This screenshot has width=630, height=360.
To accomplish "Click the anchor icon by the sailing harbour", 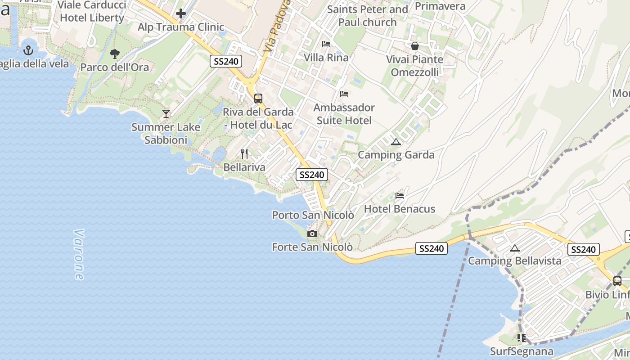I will click(29, 50).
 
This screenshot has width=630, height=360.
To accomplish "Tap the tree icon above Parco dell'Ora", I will click(114, 54).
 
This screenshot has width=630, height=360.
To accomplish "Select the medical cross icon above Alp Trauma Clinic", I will click(181, 13).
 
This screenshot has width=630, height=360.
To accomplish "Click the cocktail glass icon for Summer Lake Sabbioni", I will click(166, 113).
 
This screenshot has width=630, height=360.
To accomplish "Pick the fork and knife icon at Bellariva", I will click(244, 154).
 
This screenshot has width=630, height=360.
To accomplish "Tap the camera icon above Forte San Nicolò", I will click(312, 234).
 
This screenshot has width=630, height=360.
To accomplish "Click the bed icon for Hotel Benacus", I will click(399, 196).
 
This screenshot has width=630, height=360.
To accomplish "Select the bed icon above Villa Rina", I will click(326, 44).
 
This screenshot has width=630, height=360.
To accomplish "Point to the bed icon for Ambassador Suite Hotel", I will click(344, 94).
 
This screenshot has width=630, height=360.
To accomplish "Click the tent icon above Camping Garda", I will click(396, 142).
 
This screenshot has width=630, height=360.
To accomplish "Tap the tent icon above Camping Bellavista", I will click(515, 248).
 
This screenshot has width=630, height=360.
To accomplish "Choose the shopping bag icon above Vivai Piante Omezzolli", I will click(414, 46).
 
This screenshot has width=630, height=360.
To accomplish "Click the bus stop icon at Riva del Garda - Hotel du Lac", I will click(258, 98).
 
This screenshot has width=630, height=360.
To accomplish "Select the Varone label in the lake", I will click(79, 255).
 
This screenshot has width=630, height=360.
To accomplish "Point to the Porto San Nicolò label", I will click(313, 216).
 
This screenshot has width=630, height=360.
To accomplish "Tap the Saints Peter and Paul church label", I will click(367, 16).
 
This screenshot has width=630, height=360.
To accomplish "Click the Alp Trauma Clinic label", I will click(181, 27).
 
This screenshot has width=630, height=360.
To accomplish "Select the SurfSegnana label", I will click(522, 351).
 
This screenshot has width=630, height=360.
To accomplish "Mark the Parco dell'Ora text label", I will click(114, 67).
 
